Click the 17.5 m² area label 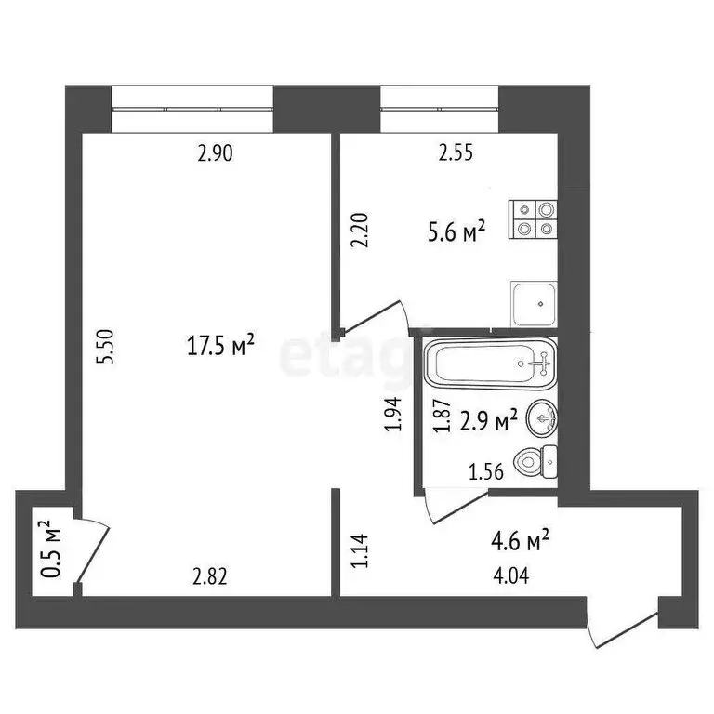point(221,347)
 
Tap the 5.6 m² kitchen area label point(456,232)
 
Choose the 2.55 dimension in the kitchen point(456,154)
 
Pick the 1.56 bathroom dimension point(487,471)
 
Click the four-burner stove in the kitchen point(534,218)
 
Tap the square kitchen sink point(534,303)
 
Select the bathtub point(490,364)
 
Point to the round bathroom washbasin point(541,419)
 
